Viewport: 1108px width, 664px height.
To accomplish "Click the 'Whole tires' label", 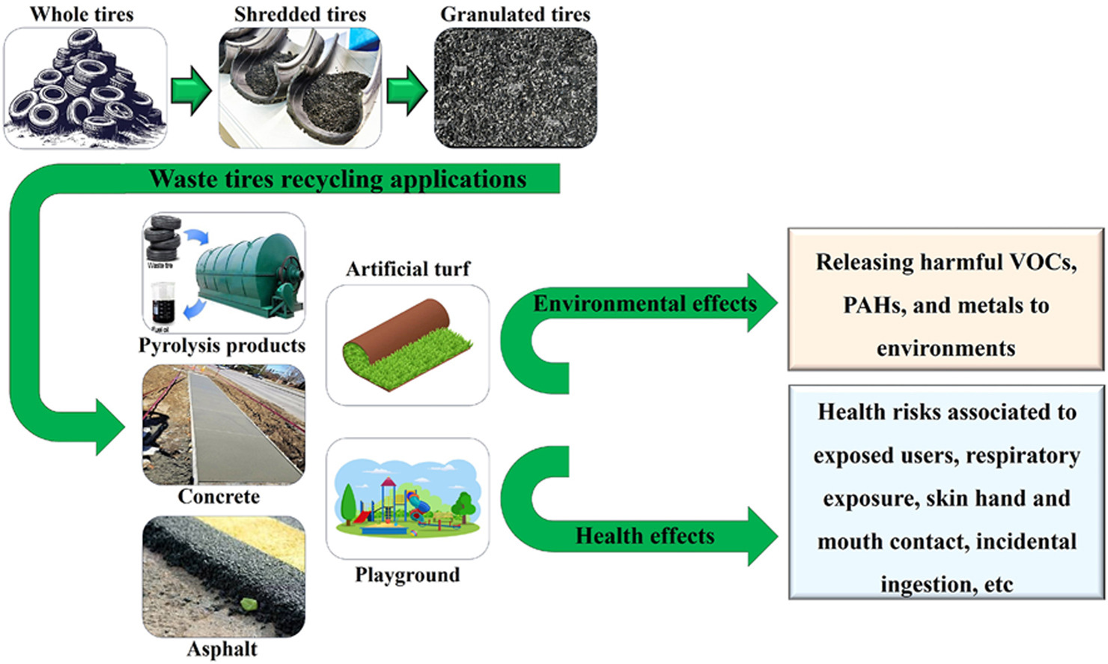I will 82,14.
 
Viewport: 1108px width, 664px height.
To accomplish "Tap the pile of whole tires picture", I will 85,88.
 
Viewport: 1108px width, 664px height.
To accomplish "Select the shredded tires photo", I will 299,88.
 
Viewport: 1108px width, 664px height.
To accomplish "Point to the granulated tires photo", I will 515,88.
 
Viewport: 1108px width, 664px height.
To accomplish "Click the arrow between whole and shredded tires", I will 192,90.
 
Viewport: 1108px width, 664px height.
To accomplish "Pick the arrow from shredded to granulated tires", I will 407,90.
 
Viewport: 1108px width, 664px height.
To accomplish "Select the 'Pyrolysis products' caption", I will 222,345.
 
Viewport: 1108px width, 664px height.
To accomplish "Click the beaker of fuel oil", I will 162,304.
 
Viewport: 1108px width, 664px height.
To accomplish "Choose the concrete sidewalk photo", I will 223,425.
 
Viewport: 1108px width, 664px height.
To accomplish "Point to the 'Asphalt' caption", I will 222,649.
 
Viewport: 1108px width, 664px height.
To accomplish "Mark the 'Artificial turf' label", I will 408,269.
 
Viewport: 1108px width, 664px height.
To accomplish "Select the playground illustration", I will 407,499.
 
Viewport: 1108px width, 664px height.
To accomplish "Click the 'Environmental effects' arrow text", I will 645,304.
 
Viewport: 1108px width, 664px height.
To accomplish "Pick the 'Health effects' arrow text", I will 645,536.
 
